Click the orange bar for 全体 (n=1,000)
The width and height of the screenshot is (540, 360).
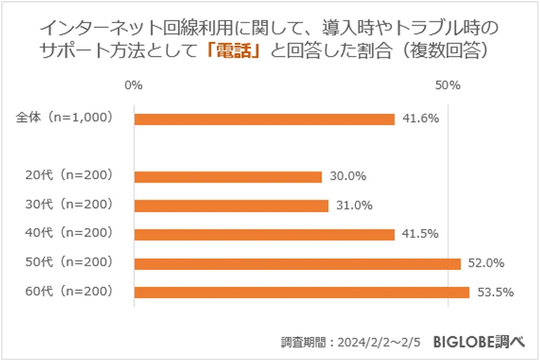click(264, 119)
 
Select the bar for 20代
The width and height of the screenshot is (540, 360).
click(228, 177)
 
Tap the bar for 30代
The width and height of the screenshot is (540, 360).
click(231, 206)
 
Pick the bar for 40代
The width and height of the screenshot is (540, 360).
click(264, 235)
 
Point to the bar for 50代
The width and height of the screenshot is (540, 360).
click(297, 264)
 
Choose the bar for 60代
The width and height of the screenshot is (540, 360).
click(301, 292)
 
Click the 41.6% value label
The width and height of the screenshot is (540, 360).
click(421, 118)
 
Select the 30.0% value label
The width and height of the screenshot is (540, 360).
click(348, 176)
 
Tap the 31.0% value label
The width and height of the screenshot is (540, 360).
click(355, 205)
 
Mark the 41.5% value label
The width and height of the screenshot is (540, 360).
click(421, 234)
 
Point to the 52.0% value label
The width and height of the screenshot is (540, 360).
click(487, 263)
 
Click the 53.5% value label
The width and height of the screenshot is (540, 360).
click(495, 292)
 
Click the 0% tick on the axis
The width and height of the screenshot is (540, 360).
click(134, 85)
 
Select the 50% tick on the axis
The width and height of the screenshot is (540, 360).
click(447, 85)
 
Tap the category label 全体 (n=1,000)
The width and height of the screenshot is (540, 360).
click(64, 118)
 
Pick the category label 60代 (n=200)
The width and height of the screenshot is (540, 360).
click(69, 291)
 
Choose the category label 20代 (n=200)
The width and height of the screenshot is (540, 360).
click(69, 175)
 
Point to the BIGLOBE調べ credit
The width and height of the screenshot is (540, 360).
click(485, 340)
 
